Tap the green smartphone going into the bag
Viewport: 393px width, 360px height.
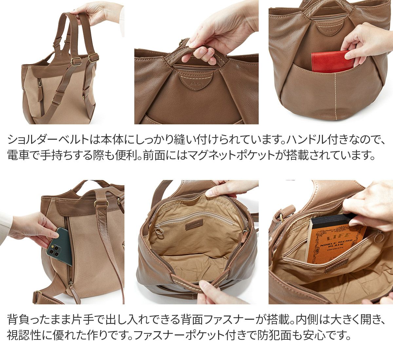pos(59,246)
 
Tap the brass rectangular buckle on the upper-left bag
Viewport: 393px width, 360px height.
pos(76,61)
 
